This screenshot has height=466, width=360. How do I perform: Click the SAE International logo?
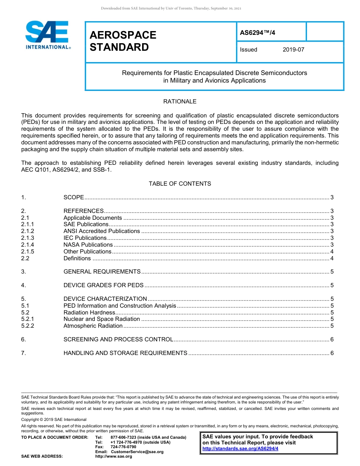click(x=47, y=35)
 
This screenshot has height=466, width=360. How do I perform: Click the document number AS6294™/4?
click(x=257, y=33)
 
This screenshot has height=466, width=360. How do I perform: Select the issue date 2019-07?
click(x=293, y=50)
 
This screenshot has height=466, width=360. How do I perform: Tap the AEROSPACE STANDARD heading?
click(x=123, y=41)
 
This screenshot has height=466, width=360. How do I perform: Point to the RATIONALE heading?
click(x=180, y=102)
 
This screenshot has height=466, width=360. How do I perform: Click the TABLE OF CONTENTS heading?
click(x=180, y=184)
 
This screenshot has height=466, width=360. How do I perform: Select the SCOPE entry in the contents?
click(x=74, y=197)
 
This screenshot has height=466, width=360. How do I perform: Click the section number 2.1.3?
click(x=28, y=238)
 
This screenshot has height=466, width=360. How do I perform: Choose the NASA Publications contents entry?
click(x=88, y=245)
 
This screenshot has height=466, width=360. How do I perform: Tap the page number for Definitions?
click(x=332, y=258)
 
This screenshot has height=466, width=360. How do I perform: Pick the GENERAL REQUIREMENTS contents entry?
click(x=102, y=272)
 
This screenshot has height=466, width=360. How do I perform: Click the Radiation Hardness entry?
click(x=89, y=313)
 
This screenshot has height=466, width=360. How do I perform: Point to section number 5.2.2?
click(x=28, y=326)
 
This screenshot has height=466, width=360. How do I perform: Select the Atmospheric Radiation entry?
click(x=93, y=326)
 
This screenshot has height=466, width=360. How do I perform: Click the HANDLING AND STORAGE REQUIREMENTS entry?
click(x=125, y=353)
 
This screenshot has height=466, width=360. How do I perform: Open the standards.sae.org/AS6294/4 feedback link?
click(x=240, y=449)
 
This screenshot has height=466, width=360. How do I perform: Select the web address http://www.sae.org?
click(x=113, y=457)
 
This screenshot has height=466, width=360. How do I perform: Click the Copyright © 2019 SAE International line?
click(x=54, y=420)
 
